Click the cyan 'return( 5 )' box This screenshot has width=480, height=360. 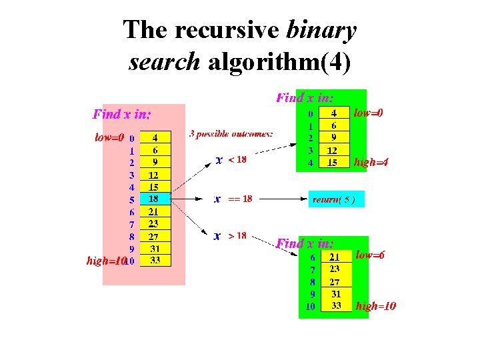click(x=338, y=199)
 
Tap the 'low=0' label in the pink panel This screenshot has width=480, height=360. click(x=109, y=138)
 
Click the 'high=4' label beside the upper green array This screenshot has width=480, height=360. click(x=372, y=162)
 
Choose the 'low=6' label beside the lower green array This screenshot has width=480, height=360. click(x=371, y=255)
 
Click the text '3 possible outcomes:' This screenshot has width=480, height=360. click(x=231, y=133)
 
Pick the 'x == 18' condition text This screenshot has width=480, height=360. click(x=233, y=199)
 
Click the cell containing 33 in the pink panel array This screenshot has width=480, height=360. click(x=155, y=260)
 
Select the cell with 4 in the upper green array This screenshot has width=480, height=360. click(x=334, y=113)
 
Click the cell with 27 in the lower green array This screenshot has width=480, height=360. click(x=335, y=281)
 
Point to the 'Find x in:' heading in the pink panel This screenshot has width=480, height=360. click(x=122, y=114)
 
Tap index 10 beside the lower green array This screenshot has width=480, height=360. click(x=310, y=307)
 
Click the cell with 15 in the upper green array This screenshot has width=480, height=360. click(x=334, y=162)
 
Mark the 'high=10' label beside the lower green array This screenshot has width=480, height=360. click(x=376, y=307)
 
